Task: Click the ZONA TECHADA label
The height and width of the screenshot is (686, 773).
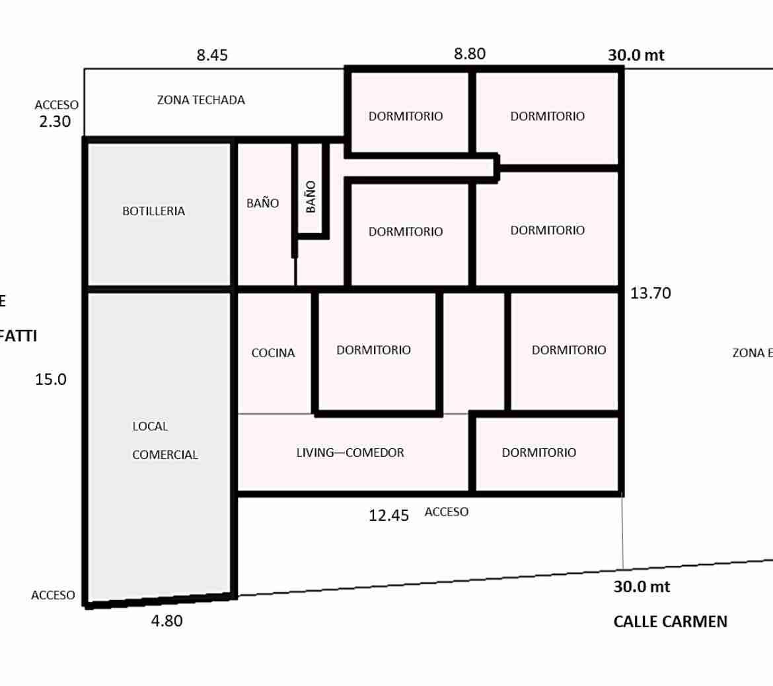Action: pos(201,100)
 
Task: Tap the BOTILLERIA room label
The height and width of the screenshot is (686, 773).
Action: pos(153,211)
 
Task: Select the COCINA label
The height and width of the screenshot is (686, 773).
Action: pos(273,353)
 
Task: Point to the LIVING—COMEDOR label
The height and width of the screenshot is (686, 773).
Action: pos(350,453)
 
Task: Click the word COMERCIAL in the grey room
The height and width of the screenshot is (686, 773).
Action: pos(165,455)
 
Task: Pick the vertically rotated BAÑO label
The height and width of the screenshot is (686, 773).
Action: pos(311,196)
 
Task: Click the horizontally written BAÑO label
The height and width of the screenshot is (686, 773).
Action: pos(262,203)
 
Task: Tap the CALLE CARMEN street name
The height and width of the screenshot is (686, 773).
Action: pos(670,621)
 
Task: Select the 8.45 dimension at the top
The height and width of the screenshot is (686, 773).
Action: pos(212,55)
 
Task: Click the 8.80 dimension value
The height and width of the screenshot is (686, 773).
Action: pos(470,54)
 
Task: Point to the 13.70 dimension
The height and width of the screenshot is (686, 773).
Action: pos(650,294)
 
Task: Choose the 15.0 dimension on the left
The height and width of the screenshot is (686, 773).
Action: pos(51,380)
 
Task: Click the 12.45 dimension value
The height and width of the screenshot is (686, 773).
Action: pos(388,516)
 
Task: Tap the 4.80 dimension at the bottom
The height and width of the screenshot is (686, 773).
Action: pos(166,621)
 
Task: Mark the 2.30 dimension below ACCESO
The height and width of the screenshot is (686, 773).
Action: pos(55,122)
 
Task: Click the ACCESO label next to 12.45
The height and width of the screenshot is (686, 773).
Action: pos(447,512)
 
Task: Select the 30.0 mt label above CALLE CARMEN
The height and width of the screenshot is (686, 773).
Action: pos(642,586)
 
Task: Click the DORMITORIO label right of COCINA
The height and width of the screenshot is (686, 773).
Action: pos(373,350)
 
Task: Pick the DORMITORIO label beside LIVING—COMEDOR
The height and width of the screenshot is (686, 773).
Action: pos(538,453)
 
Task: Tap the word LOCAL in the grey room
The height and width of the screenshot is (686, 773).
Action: pos(150,427)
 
